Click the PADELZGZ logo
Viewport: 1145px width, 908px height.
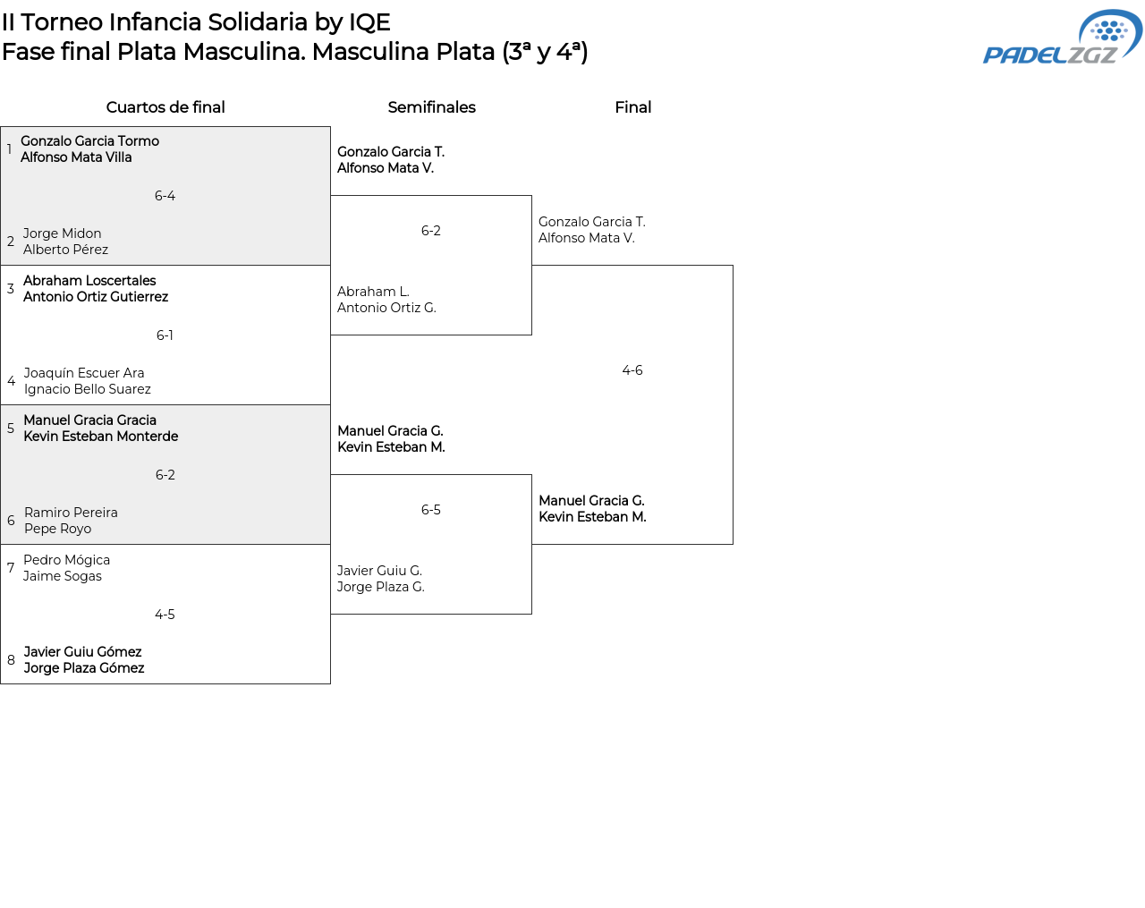pyautogui.click(x=1062, y=37)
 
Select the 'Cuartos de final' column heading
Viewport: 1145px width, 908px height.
pyautogui.click(x=165, y=107)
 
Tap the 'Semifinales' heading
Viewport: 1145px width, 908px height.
pyautogui.click(x=431, y=107)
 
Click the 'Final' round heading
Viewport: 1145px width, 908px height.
pyautogui.click(x=632, y=107)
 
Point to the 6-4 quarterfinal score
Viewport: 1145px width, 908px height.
pyautogui.click(x=165, y=196)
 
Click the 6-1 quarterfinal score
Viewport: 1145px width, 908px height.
pyautogui.click(x=165, y=335)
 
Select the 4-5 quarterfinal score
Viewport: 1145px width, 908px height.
pyautogui.click(x=165, y=615)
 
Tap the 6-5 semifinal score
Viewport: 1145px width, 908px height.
pyautogui.click(x=431, y=510)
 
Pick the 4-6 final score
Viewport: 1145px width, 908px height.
pyautogui.click(x=632, y=370)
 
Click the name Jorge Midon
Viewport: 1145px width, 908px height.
pyautogui.click(x=62, y=233)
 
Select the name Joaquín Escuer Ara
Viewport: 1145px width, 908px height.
pyautogui.click(x=83, y=373)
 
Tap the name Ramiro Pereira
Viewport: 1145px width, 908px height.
pyautogui.click(x=71, y=513)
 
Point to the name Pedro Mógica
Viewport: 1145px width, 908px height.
pyautogui.click(x=66, y=560)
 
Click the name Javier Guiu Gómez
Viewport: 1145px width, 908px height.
pyautogui.click(x=82, y=652)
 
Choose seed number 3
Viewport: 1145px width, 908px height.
pyautogui.click(x=11, y=289)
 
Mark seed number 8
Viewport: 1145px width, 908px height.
pyautogui.click(x=11, y=660)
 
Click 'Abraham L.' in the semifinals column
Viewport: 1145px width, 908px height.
pyautogui.click(x=373, y=292)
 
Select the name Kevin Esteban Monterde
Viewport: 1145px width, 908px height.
pyautogui.click(x=100, y=437)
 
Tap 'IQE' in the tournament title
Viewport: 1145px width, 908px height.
pyautogui.click(x=369, y=23)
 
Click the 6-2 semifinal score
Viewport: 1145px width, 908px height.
pyautogui.click(x=431, y=231)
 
